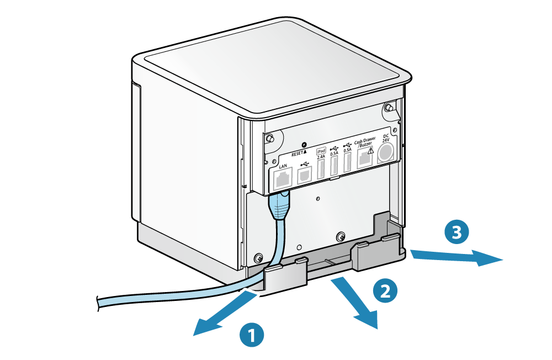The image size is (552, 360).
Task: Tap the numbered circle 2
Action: (x=385, y=290)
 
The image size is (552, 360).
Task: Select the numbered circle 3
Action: (x=457, y=232)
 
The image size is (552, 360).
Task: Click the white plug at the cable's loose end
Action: (x=88, y=301)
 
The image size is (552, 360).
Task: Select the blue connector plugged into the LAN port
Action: (x=279, y=205)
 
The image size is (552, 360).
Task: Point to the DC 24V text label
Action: (x=386, y=138)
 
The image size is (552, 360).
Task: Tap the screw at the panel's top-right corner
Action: (x=389, y=107)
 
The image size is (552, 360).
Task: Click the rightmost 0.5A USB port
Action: (x=348, y=164)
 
